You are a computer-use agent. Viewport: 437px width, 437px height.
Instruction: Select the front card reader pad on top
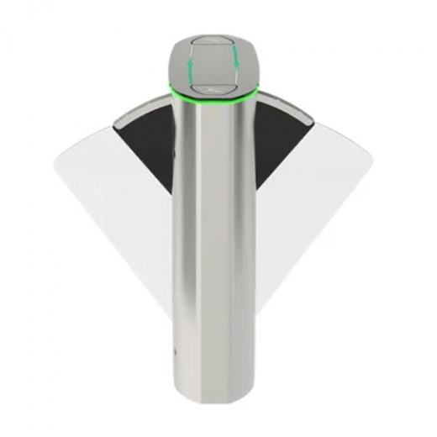[216, 85]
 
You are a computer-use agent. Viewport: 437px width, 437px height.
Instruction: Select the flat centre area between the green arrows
[216, 63]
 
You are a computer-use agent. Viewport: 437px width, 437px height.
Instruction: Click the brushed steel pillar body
[216, 252]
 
